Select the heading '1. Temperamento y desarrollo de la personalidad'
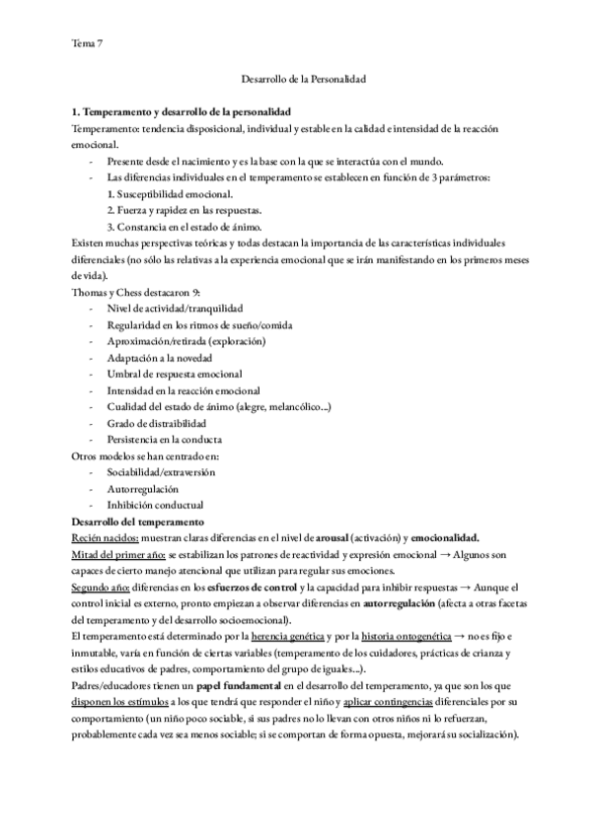point(182,113)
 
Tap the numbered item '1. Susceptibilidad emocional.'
point(170,194)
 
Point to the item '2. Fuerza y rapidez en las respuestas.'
point(184,211)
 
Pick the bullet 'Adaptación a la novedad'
point(160,358)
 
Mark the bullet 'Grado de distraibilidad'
point(159,423)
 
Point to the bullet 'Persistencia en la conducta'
point(165,439)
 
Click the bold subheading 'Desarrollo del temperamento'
point(138,521)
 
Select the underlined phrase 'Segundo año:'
point(101,587)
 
